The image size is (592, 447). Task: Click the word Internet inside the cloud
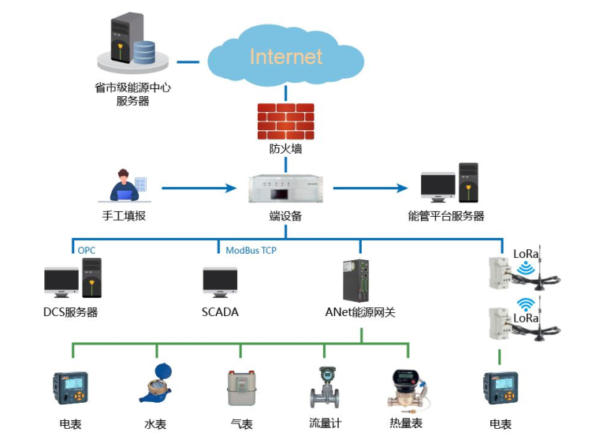pos(285,57)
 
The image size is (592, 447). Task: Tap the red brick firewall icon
pos(285,121)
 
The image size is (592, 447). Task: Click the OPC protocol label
pos(87,250)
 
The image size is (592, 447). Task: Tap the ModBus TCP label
pos(251,250)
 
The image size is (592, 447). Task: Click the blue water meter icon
pos(156,383)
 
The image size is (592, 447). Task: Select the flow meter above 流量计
pos(326,386)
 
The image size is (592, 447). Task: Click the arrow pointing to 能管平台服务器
pos(370,188)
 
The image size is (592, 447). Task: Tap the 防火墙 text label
pos(285,148)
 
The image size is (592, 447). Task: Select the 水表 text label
pos(155,424)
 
